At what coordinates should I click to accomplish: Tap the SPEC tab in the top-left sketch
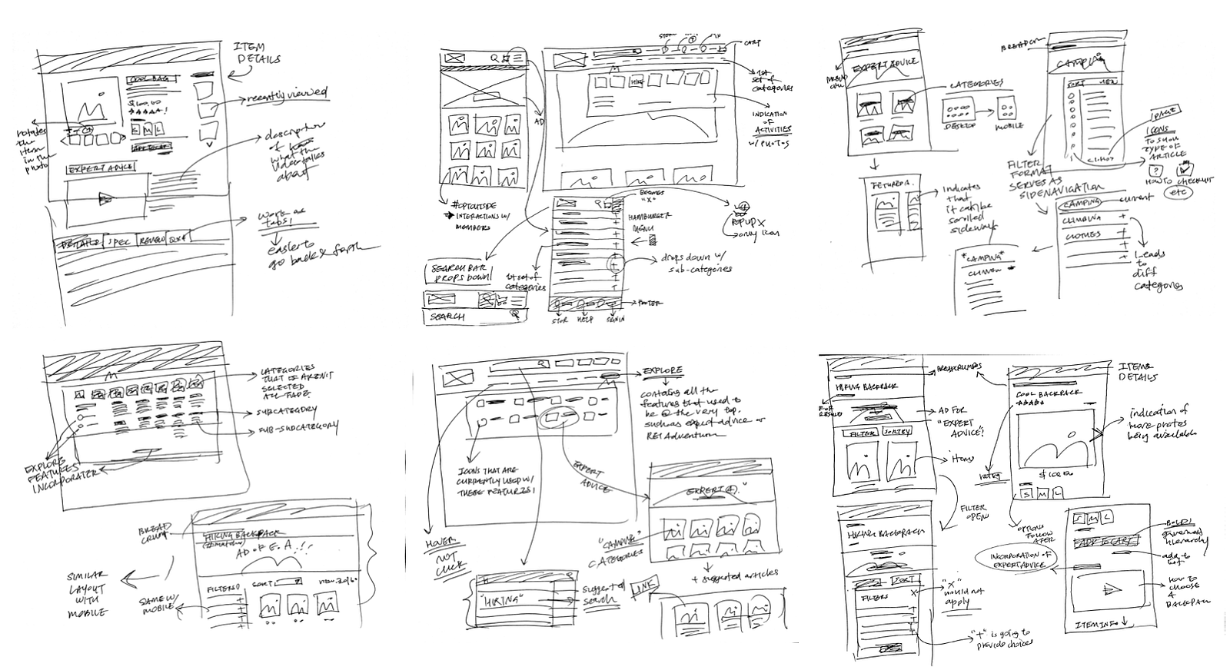click(x=119, y=240)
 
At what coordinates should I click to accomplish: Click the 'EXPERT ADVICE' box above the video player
click(x=100, y=167)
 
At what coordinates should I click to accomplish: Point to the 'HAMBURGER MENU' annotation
click(x=650, y=221)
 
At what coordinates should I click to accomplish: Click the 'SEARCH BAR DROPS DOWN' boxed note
click(x=460, y=272)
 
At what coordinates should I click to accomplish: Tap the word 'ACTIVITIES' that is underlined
click(x=773, y=131)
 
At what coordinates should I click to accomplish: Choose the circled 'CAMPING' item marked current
click(x=1082, y=203)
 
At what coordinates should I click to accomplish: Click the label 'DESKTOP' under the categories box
click(x=958, y=124)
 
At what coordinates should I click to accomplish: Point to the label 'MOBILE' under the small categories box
click(x=1009, y=124)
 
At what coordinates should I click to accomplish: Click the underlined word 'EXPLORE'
click(x=662, y=370)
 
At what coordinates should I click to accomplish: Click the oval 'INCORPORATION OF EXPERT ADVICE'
click(x=1014, y=559)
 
